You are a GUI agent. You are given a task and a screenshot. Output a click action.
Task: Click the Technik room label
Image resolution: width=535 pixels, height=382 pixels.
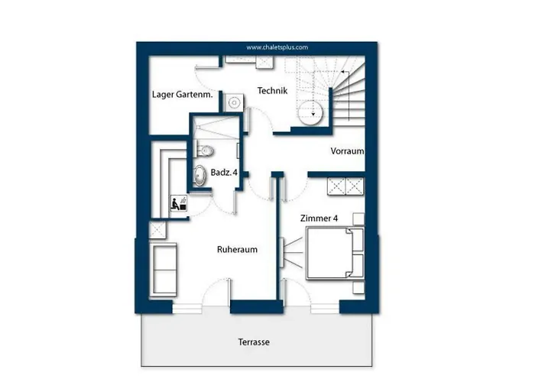[272, 91]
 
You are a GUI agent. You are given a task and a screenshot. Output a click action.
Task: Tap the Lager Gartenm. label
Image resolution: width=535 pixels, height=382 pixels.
[182, 95]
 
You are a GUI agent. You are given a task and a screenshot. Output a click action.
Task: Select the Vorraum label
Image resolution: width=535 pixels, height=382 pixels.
[347, 151]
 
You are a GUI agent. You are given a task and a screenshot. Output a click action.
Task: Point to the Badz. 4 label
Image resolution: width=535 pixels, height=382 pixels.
[224, 172]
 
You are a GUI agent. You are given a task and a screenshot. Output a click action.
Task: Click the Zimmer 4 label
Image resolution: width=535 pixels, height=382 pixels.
[319, 218]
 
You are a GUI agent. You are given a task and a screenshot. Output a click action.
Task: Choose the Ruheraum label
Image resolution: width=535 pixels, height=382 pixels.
[237, 249]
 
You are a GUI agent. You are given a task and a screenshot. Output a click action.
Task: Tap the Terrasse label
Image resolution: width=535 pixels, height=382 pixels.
[254, 342]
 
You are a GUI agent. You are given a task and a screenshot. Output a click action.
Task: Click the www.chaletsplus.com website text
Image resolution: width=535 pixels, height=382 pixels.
[277, 47]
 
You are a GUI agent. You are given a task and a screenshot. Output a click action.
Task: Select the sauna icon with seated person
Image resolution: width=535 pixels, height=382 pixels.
[179, 204]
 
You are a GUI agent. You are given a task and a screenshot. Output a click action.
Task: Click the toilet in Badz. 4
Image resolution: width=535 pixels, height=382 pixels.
[205, 150]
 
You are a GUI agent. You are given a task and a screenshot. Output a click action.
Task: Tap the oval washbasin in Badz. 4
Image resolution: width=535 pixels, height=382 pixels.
[199, 175]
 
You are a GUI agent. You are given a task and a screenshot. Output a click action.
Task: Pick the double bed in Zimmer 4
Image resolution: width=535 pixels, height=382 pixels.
[335, 254]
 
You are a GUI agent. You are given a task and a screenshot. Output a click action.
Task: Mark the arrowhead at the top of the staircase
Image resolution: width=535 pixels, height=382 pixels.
[342, 72]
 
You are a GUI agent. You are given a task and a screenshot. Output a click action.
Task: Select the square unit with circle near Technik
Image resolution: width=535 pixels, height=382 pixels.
[234, 102]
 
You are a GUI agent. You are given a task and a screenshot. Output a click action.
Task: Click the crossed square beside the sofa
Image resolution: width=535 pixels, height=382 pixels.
[157, 230]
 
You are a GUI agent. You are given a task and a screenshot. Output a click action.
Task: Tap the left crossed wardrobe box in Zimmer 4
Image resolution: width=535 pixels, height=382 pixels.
[336, 186]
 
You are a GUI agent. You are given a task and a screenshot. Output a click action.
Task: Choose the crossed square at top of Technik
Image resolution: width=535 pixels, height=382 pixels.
[264, 63]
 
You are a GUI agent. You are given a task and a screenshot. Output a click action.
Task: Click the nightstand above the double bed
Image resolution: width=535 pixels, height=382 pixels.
[358, 219]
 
